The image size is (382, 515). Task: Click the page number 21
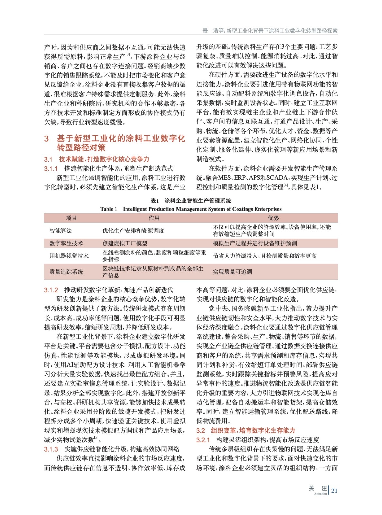tap(334, 491)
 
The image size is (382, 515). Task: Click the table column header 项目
tap(71, 218)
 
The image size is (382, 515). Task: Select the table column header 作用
tap(154, 218)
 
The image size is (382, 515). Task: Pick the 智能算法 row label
tap(61, 230)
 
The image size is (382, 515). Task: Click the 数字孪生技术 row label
tap(66, 243)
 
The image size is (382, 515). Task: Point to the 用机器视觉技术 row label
tap(69, 256)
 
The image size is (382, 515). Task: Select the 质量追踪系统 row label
tap(66, 272)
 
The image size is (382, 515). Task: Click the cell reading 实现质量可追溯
tap(232, 272)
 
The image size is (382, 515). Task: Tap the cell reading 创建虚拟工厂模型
tap(125, 243)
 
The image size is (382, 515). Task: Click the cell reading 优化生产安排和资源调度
tap(133, 230)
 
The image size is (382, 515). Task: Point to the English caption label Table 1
tap(109, 209)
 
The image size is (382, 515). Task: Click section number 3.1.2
tap(51, 290)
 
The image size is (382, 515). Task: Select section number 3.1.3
tap(51, 449)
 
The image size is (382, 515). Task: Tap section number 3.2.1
tap(203, 440)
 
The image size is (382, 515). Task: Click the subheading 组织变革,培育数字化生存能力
tap(253, 430)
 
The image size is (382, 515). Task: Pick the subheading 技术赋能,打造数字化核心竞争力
tap(104, 159)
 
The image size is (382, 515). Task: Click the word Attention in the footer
tap(320, 494)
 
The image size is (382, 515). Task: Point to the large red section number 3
tap(46, 139)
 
